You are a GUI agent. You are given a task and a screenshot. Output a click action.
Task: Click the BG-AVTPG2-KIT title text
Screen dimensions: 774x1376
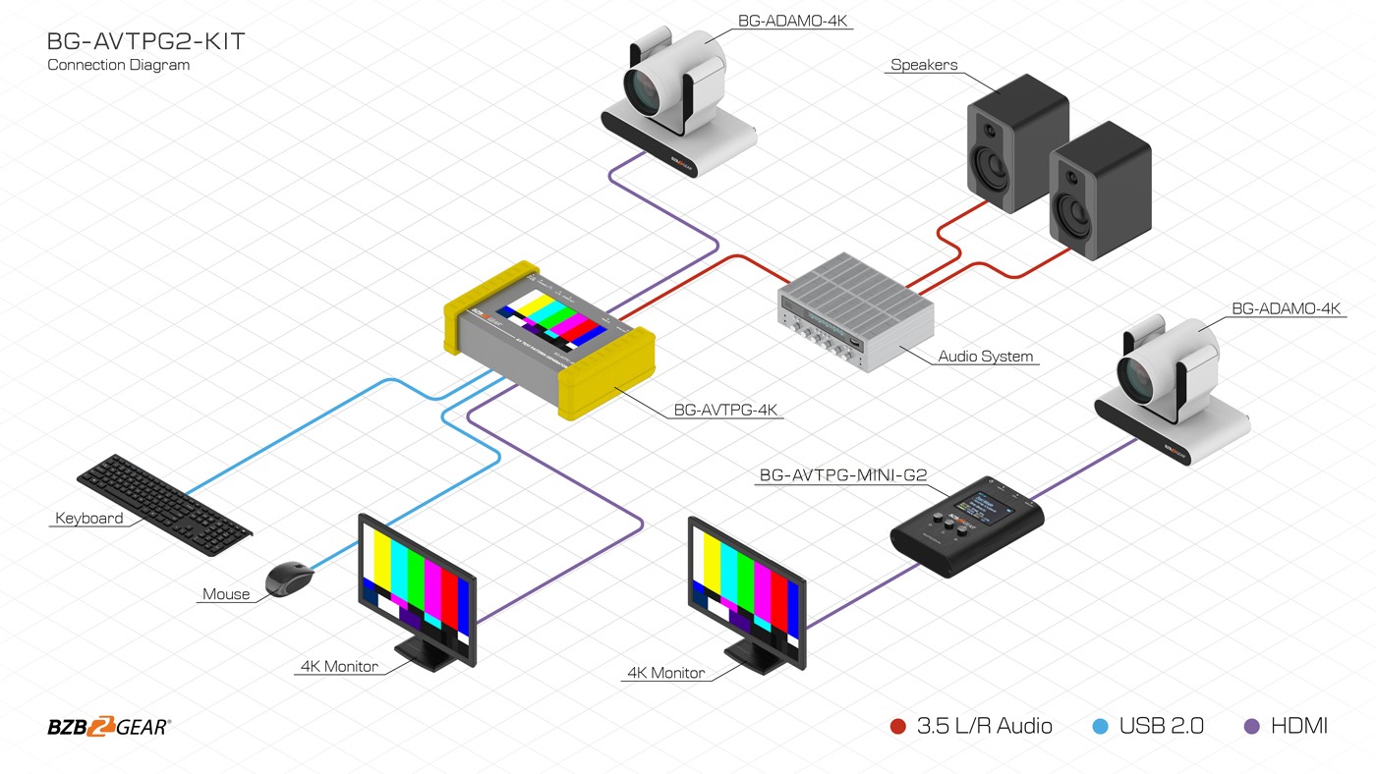click(145, 42)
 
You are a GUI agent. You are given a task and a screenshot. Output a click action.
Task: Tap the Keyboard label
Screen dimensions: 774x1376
click(89, 519)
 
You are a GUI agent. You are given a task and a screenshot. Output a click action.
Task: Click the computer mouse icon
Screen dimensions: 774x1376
click(290, 579)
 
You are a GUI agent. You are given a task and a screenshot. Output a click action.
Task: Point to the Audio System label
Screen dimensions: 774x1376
click(986, 357)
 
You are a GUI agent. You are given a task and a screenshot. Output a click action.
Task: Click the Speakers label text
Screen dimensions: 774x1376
click(924, 66)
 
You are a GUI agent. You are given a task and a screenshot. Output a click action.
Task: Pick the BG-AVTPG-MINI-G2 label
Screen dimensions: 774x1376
click(842, 475)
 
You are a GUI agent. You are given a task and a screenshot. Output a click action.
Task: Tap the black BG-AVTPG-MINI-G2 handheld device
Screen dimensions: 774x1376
click(966, 526)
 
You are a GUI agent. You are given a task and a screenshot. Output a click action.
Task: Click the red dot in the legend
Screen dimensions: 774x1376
click(897, 727)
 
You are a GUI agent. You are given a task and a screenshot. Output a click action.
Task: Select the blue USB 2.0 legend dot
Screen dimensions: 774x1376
click(1100, 727)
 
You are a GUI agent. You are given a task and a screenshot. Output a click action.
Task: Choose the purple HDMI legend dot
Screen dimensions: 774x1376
click(1251, 727)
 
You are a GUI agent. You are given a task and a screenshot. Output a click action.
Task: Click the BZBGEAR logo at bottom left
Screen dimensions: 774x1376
click(109, 727)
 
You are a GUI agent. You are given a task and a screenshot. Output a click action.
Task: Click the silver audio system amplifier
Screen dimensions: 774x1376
click(856, 311)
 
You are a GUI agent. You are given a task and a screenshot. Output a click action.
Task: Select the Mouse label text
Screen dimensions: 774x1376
click(226, 594)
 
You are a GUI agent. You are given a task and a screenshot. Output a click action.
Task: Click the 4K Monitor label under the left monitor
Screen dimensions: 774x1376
click(339, 666)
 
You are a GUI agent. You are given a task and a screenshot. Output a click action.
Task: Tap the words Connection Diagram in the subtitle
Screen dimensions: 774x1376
click(118, 65)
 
